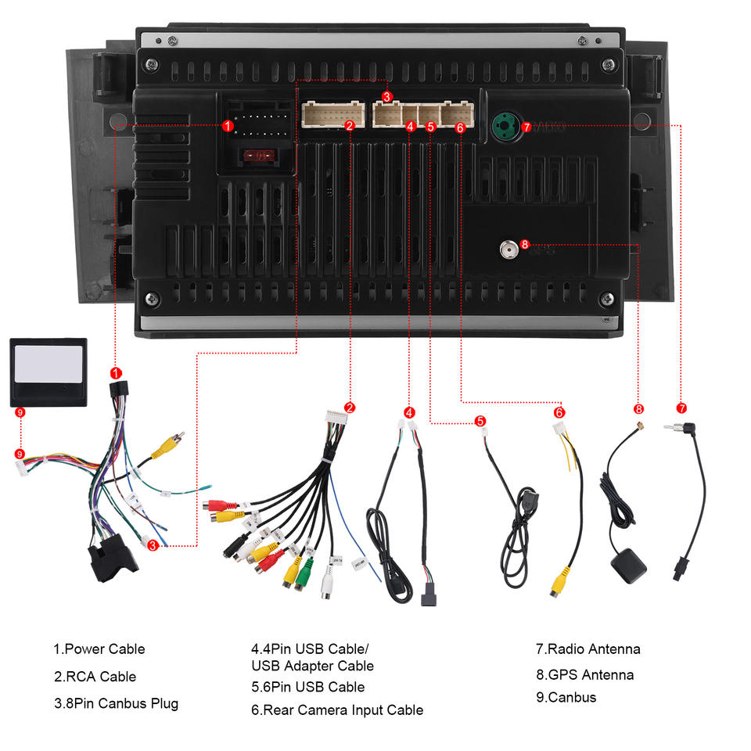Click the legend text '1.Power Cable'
[x=99, y=649]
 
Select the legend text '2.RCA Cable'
[x=95, y=677]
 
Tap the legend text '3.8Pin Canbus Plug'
[x=116, y=703]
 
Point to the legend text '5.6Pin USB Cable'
[x=307, y=687]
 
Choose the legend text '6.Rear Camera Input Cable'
[x=336, y=710]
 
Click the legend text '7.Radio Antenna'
[x=588, y=649]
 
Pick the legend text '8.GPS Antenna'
[x=584, y=674]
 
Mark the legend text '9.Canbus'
[x=566, y=697]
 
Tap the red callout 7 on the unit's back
[x=526, y=125]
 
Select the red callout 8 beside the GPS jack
[x=524, y=244]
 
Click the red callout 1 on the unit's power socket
[x=228, y=124]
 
